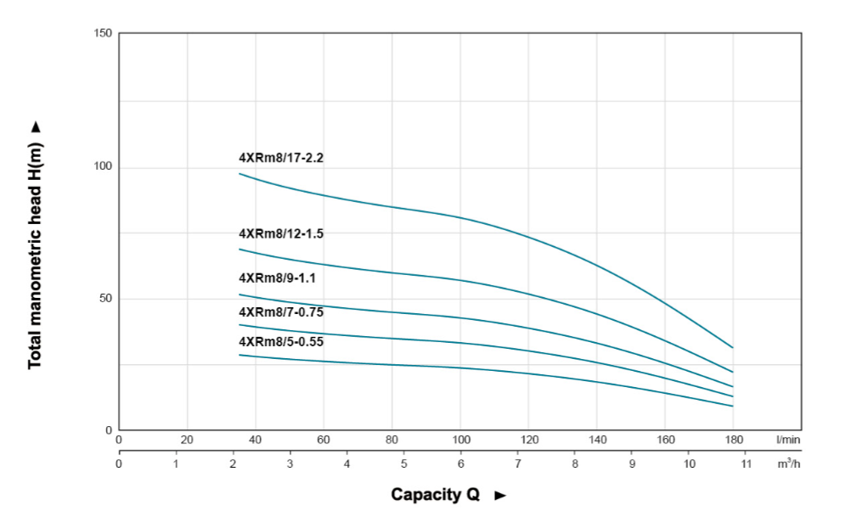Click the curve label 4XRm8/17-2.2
[281, 158]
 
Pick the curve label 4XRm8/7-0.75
[281, 312]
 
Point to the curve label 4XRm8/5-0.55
[281, 341]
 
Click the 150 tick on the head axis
[104, 34]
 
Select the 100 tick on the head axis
[104, 167]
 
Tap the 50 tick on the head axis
[106, 299]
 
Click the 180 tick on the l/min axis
[734, 440]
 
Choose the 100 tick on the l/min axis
[460, 440]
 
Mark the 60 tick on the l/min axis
[324, 440]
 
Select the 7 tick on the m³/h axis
[517, 464]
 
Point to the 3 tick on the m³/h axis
[290, 464]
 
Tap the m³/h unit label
[787, 463]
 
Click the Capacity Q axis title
[435, 494]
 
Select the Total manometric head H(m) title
[35, 255]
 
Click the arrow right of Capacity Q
[500, 495]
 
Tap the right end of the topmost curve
[732, 347]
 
